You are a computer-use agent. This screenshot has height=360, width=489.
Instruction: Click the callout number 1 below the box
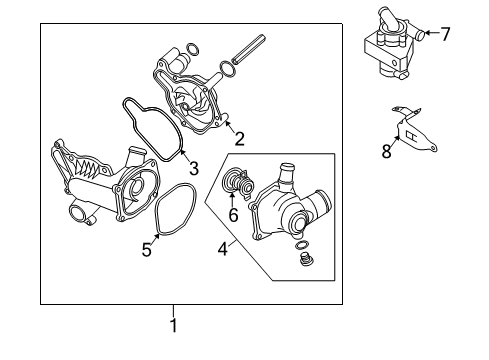coord(174,325)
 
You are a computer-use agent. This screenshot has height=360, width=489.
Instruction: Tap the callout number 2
coord(239,139)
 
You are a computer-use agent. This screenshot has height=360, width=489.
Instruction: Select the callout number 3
coord(194,168)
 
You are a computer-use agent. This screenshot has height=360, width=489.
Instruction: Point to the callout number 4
coord(223,249)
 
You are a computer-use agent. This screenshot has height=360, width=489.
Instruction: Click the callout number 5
coord(147,250)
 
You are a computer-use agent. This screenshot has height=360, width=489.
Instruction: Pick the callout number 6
coord(233,215)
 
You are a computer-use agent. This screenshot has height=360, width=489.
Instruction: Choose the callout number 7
coord(445,34)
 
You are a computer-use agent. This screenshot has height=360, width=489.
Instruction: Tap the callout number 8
coord(386,151)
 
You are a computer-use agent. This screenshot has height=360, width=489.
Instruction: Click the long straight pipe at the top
coord(248,49)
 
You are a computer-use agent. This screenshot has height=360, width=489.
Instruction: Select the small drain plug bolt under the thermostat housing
coord(305,260)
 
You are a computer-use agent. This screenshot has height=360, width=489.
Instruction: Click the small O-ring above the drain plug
coord(301,245)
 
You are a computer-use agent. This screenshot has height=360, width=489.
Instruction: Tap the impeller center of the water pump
coord(184,107)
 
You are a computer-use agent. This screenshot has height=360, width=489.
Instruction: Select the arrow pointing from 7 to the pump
coord(432,33)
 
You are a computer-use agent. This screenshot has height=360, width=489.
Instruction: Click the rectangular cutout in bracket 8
coord(410,136)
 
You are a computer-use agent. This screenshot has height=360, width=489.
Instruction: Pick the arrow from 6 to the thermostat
coord(232,199)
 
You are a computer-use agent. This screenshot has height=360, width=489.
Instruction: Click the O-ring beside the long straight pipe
coord(227,68)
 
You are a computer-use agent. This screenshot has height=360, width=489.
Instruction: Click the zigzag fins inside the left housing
coord(87,168)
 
